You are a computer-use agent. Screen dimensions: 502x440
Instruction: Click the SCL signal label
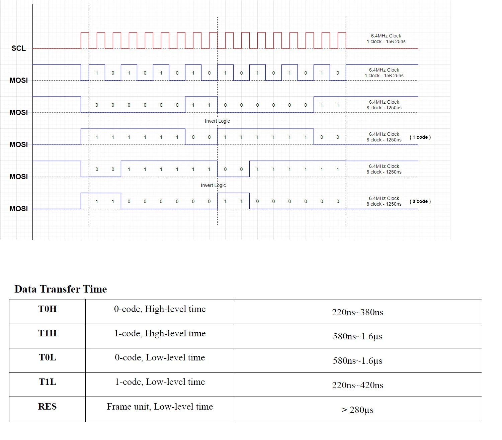19,48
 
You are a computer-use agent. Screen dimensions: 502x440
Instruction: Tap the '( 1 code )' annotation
420,137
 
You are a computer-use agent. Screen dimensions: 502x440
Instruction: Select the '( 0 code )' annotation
420,201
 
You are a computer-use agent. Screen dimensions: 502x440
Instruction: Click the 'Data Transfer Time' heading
61,289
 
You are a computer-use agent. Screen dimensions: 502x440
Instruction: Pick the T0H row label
47,309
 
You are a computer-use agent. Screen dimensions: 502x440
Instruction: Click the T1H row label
47,333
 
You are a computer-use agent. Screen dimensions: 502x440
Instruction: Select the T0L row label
47,357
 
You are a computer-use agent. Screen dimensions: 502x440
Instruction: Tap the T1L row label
47,382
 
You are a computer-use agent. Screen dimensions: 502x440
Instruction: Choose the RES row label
47,407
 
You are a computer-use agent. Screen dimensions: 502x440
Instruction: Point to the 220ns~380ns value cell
357,312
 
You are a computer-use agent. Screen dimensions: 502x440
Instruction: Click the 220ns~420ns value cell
357,385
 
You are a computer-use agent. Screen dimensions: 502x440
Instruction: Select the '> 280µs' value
357,410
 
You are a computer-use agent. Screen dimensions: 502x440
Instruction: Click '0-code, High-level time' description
160,309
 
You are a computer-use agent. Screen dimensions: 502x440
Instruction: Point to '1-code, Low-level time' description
160,382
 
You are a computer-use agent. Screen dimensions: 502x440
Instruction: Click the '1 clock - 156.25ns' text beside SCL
386,41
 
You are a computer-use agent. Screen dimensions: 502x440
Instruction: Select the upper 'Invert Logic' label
217,121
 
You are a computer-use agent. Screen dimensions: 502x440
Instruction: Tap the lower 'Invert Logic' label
213,186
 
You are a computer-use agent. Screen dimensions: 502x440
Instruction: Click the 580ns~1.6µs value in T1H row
357,336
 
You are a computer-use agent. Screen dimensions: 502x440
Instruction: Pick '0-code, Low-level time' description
160,358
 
